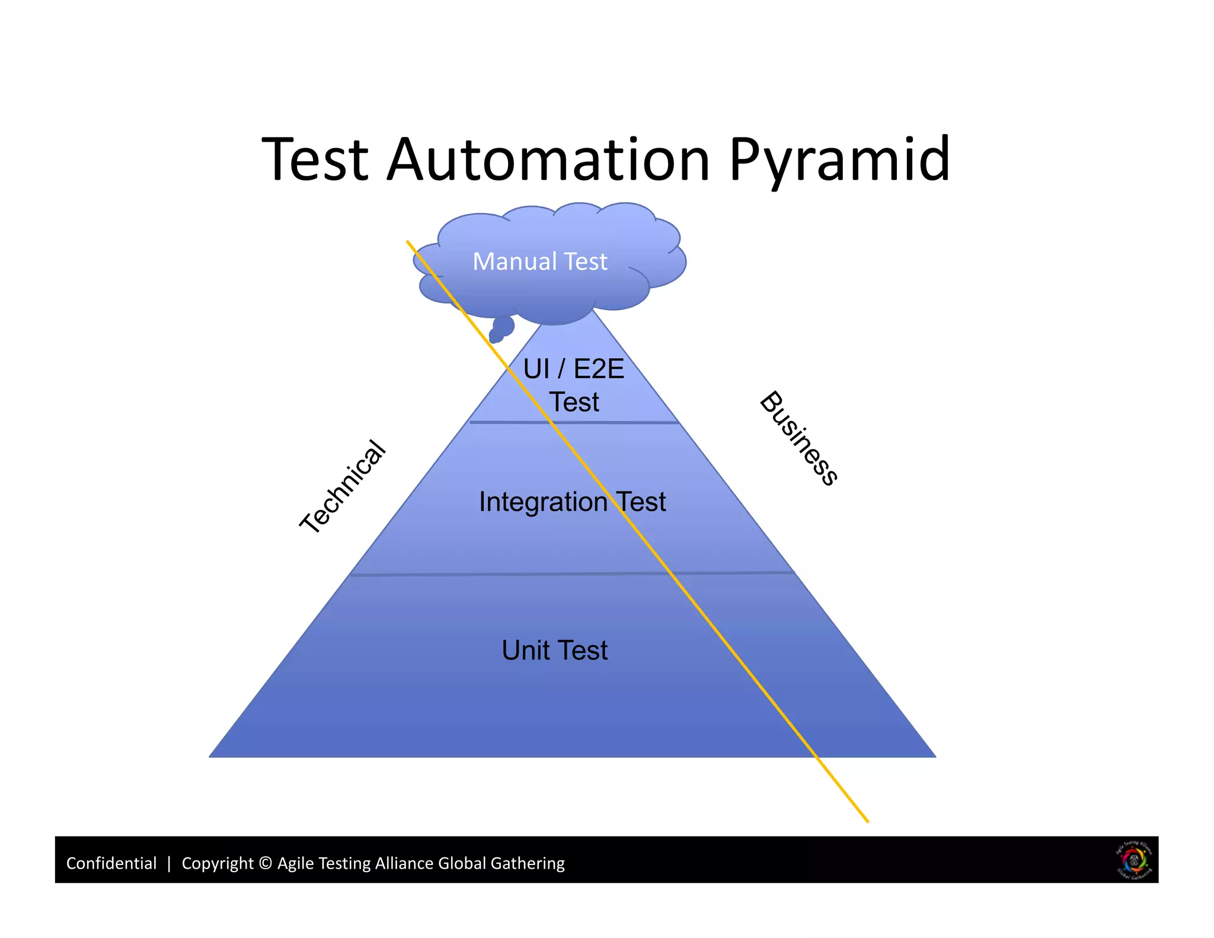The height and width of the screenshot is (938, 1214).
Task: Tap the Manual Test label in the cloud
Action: (x=539, y=261)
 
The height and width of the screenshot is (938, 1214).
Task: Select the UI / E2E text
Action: (x=573, y=369)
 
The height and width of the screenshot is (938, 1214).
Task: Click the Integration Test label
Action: (x=572, y=502)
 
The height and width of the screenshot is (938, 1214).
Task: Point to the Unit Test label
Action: (x=554, y=650)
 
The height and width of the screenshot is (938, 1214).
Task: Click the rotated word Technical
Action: (x=343, y=487)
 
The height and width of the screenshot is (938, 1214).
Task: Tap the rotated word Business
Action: (x=799, y=438)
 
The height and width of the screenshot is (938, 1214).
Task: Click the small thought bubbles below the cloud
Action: (x=501, y=329)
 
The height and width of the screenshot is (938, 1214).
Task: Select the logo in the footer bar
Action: (x=1134, y=860)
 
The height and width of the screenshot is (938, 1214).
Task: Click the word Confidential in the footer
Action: (x=111, y=863)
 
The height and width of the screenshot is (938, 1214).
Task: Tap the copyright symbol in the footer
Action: (x=266, y=863)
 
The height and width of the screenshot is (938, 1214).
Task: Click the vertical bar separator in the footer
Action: (x=169, y=863)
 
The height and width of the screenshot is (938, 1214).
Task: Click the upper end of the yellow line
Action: (x=408, y=242)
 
